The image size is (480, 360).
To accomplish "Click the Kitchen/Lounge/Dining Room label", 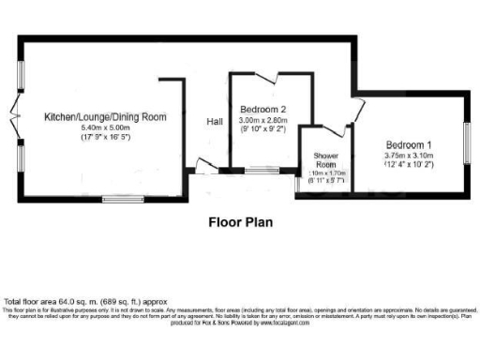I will (105, 117).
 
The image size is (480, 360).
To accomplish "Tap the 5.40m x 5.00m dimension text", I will (105, 127).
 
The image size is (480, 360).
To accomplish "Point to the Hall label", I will (215, 122).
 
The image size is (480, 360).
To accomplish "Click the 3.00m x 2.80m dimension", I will (262, 121).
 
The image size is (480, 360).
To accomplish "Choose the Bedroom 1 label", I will (409, 144).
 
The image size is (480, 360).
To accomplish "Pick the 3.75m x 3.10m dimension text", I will (409, 156).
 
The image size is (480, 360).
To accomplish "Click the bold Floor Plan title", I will (240, 223).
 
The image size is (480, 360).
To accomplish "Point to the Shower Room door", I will (329, 135).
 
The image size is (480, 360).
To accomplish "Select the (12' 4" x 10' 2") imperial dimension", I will (409, 166).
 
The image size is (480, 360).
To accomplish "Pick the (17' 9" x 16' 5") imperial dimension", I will (105, 138).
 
